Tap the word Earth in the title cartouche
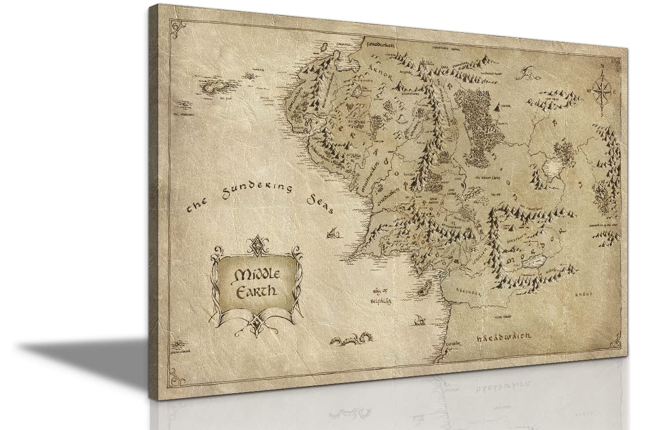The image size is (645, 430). pos(258,291)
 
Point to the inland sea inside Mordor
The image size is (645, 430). pos(533,262)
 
